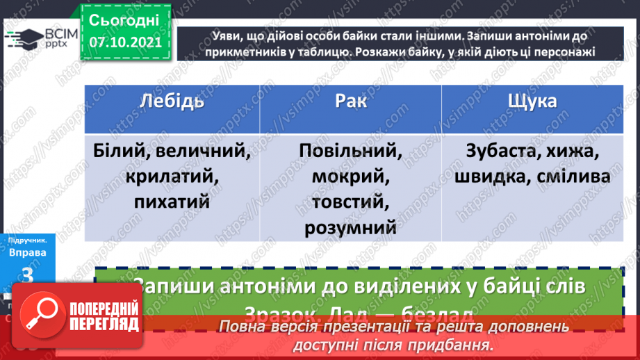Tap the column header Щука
pos(532,101)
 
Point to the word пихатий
pos(173,202)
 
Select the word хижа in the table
pos(573,151)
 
